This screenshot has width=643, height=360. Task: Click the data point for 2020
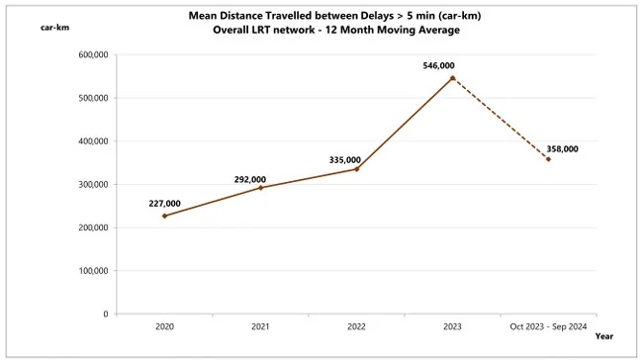[x=164, y=216]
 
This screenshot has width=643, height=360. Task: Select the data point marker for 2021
[x=260, y=188]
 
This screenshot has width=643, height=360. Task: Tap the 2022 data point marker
[x=356, y=169]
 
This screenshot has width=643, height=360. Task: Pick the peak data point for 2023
[x=452, y=77]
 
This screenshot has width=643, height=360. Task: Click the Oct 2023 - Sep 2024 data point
[x=548, y=159]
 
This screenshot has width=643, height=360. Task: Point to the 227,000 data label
[x=164, y=204]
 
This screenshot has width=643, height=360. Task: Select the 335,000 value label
[x=345, y=159]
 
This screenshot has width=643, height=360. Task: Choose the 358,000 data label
[x=562, y=148]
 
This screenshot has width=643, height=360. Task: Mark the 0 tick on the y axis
[x=105, y=315]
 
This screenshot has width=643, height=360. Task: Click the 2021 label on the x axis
[x=260, y=326]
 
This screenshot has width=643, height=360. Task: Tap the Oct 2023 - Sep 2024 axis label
[x=548, y=326]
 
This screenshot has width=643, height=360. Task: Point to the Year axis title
[x=603, y=337]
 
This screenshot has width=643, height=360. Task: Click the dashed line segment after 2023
[x=500, y=118]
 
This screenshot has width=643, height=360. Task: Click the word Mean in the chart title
[x=206, y=16]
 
